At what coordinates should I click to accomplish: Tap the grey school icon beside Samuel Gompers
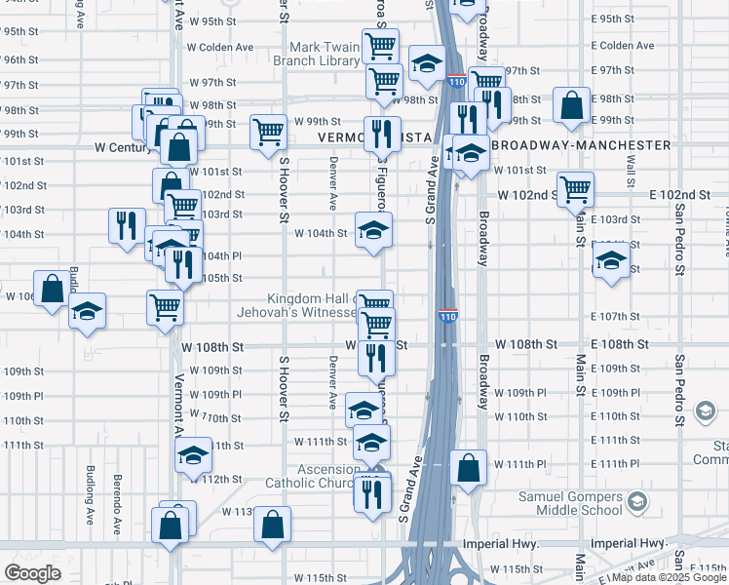(x=637, y=503)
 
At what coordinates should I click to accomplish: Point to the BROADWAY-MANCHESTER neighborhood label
(x=581, y=145)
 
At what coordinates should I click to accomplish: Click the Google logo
(x=32, y=573)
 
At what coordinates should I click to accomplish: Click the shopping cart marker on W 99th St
(x=267, y=132)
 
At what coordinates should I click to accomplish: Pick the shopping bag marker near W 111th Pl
(x=469, y=467)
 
